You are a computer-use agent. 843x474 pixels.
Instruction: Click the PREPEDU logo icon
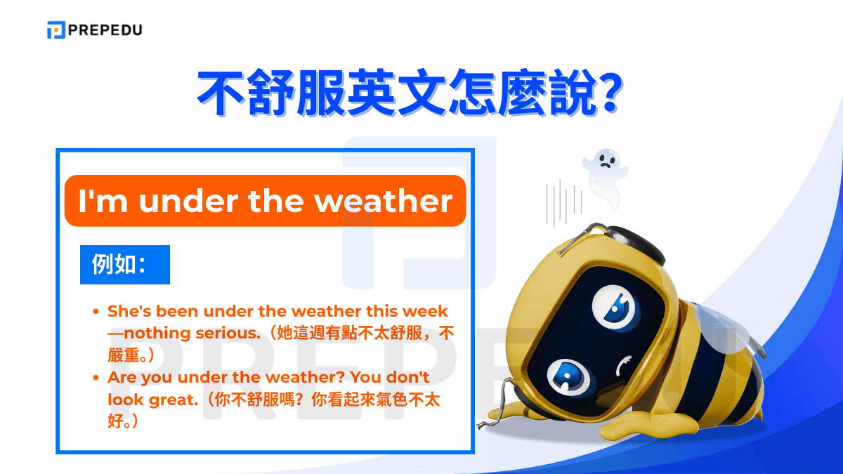[x=56, y=30]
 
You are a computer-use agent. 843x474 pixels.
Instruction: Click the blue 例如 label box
[x=124, y=264]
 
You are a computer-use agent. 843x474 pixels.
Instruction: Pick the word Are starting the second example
[x=122, y=378]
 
